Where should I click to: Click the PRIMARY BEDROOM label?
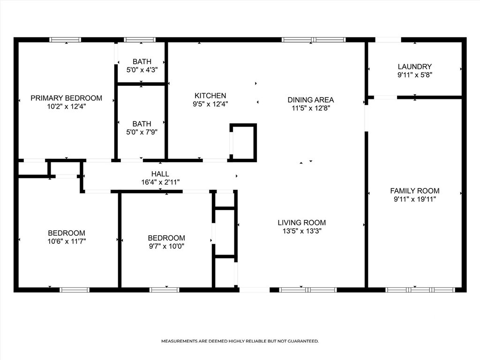click(66, 98)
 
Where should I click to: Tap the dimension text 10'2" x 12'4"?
click(66, 106)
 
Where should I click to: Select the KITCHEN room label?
click(210, 96)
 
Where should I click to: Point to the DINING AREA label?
click(311, 100)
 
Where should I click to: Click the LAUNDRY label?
click(415, 67)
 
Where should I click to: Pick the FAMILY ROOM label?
click(415, 191)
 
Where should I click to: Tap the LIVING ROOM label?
click(302, 223)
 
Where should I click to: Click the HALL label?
click(160, 174)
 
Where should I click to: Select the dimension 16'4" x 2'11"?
click(160, 182)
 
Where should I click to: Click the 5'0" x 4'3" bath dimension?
click(142, 70)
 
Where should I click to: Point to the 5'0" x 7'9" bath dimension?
click(142, 132)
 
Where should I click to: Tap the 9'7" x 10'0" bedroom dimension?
click(166, 246)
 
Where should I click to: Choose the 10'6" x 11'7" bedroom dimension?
click(67, 241)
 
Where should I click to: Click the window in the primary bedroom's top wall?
click(65, 40)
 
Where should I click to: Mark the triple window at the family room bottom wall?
click(420, 290)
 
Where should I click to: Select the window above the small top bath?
click(140, 40)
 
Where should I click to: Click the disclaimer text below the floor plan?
click(240, 341)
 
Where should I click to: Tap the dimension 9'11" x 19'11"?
click(415, 199)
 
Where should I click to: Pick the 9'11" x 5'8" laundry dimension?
click(415, 75)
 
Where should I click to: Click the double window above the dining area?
click(314, 40)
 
